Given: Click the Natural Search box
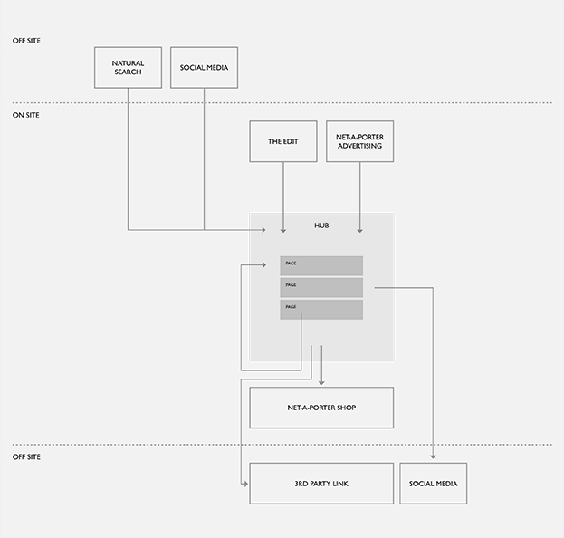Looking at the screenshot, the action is click(128, 67).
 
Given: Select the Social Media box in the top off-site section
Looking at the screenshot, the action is click(204, 67).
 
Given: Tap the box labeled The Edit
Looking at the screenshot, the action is click(283, 141).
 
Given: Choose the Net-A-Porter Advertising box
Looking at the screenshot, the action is click(359, 141).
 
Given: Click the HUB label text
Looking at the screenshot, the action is click(321, 226).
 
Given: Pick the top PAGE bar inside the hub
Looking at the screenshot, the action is click(321, 266).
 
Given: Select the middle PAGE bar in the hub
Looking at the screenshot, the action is click(321, 287).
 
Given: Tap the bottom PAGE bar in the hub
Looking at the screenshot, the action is click(321, 310).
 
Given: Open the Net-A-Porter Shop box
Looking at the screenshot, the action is click(321, 408).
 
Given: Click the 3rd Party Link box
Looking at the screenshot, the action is click(321, 484).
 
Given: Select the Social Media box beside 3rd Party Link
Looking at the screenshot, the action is click(434, 484).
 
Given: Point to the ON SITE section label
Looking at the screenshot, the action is click(26, 115).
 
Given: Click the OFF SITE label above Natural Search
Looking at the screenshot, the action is click(26, 41).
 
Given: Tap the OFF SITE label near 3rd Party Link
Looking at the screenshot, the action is click(26, 456).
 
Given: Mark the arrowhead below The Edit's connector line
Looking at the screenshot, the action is click(283, 231).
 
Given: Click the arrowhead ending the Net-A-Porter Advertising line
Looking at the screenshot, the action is click(359, 231).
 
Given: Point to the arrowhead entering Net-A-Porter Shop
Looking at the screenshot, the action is click(321, 383).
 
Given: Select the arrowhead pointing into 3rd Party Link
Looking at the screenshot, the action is click(245, 484).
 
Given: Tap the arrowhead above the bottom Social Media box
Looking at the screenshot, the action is click(433, 456).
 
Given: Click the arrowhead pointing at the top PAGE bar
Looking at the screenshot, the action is click(263, 265).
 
